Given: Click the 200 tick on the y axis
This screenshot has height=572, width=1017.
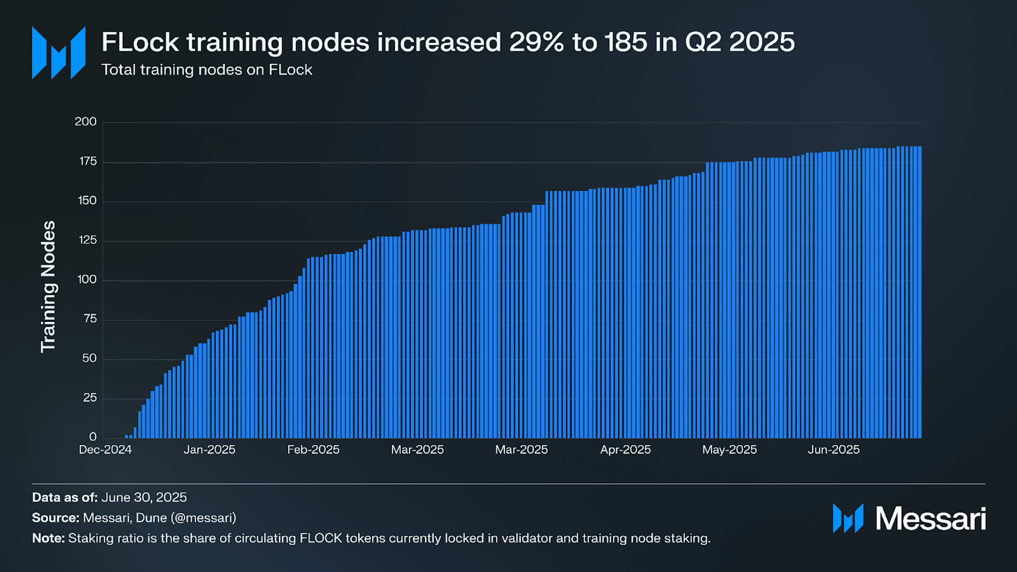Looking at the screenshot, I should click(x=85, y=122).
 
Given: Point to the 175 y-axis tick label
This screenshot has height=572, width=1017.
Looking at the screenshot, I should click(x=87, y=162).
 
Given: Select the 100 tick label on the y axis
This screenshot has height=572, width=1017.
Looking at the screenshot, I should click(x=86, y=280).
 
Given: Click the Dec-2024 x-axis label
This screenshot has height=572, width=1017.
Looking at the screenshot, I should click(x=105, y=450).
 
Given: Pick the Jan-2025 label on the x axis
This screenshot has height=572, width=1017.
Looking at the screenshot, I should click(x=209, y=450).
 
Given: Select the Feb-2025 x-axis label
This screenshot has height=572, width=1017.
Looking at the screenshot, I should click(x=313, y=450).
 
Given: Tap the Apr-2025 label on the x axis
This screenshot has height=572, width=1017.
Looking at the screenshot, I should click(x=625, y=450).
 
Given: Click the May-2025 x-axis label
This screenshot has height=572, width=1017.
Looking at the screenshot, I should click(x=729, y=450).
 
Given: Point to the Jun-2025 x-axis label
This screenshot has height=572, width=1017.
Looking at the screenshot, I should click(x=834, y=450).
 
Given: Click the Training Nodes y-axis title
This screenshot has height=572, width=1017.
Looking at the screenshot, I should click(x=48, y=287).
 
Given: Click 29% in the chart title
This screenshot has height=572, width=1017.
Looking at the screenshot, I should click(x=537, y=42).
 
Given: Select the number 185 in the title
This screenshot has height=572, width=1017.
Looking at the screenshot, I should click(x=625, y=42).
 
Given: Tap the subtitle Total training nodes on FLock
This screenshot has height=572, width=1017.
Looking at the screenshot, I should click(x=207, y=70).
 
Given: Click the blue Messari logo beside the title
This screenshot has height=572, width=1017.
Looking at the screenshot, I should click(x=58, y=53).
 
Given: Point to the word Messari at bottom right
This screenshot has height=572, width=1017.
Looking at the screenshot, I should click(x=930, y=518).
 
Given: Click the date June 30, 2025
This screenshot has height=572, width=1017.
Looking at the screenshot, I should click(x=144, y=497).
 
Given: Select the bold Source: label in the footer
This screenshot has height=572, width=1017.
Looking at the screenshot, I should click(x=56, y=518).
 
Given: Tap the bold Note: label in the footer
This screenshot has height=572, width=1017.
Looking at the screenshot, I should click(x=48, y=538).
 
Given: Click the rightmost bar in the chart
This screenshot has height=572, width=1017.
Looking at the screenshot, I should click(x=920, y=292).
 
